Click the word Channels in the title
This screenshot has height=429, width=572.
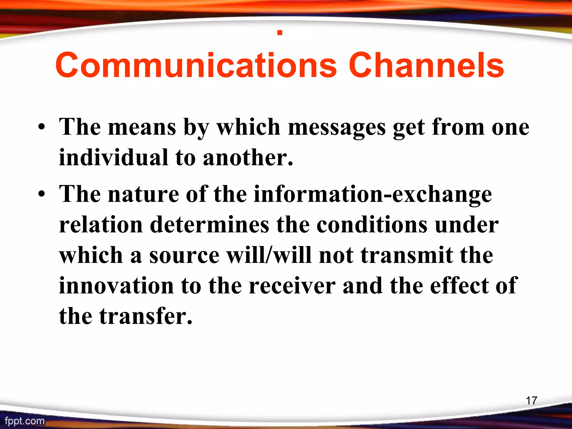(x=426, y=66)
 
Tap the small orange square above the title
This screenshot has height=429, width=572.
(x=280, y=33)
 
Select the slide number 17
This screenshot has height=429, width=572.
(x=531, y=401)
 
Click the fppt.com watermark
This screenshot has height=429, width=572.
(x=25, y=421)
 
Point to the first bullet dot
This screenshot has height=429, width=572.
(x=42, y=128)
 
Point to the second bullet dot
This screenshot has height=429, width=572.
(x=42, y=195)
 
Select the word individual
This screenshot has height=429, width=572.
(x=113, y=158)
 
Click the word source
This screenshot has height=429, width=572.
(x=184, y=256)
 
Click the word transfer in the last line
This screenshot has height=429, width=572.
(x=146, y=316)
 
